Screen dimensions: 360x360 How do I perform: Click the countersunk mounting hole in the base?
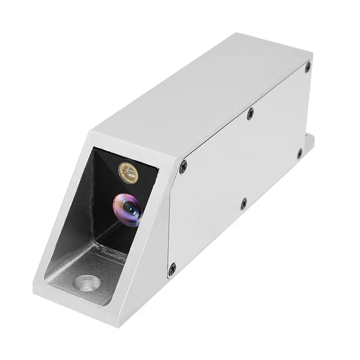tap(87, 283)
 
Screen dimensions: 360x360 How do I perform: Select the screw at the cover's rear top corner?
tap(307, 67)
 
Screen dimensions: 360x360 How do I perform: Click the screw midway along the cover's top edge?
tap(251, 112)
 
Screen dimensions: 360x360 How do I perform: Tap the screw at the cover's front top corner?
tap(183, 168)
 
